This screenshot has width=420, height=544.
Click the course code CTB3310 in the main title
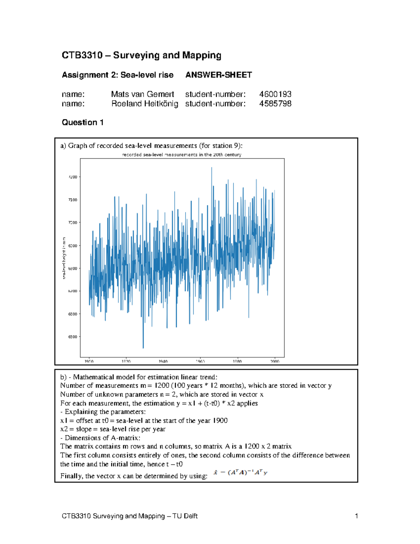click(x=82, y=55)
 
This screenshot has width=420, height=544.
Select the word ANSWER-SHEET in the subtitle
click(x=218, y=75)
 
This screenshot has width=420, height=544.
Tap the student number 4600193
click(x=275, y=94)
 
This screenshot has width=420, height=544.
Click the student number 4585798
click(x=275, y=104)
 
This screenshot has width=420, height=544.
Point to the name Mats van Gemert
click(x=142, y=94)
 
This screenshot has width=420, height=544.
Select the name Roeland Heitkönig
click(x=145, y=104)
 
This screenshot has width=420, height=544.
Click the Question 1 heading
click(x=83, y=122)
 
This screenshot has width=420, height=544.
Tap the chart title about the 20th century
click(x=182, y=154)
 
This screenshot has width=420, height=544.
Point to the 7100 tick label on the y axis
click(x=72, y=200)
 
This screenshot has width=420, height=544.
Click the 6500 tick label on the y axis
click(x=72, y=337)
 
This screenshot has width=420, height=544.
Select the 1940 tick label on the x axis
click(x=163, y=361)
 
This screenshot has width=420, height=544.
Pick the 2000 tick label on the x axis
click(x=275, y=361)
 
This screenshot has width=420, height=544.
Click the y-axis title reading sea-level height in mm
click(x=64, y=258)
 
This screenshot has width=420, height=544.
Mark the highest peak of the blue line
click(x=211, y=168)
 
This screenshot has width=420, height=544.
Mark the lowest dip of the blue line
click(x=143, y=348)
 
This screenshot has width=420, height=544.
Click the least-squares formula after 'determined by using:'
click(x=240, y=473)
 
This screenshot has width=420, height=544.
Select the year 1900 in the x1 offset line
click(x=220, y=421)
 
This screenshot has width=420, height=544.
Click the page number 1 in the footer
click(x=356, y=516)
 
